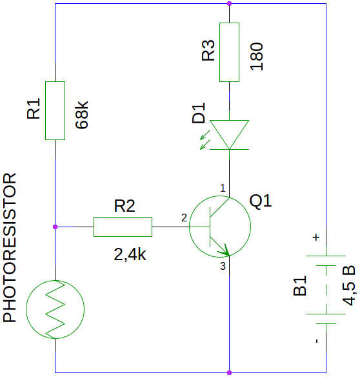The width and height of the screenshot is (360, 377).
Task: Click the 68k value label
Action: coord(82,115)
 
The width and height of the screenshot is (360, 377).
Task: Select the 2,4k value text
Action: coord(130,254)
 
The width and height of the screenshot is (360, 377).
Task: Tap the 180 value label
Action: coord(257,56)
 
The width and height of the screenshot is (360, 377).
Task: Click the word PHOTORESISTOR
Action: coord(10,247)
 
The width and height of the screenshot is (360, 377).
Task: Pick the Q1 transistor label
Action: coord(261,201)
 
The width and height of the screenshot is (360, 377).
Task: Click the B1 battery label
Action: coord(300,285)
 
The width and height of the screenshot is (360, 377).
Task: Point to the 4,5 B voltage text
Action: coord(348,285)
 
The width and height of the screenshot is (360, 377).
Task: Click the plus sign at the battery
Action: coord(316,238)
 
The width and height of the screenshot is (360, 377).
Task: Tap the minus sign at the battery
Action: coord(317,341)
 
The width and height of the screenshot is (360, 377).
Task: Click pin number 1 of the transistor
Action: coord(223,188)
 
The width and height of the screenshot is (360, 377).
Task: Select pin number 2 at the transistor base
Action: coord(184,218)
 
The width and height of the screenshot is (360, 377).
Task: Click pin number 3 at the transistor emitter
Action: coord(223,266)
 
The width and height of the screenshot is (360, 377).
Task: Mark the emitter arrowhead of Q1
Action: coord(225,250)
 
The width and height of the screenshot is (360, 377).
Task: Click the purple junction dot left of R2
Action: coord(55,227)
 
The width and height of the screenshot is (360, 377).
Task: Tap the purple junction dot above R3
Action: coord(229,4)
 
